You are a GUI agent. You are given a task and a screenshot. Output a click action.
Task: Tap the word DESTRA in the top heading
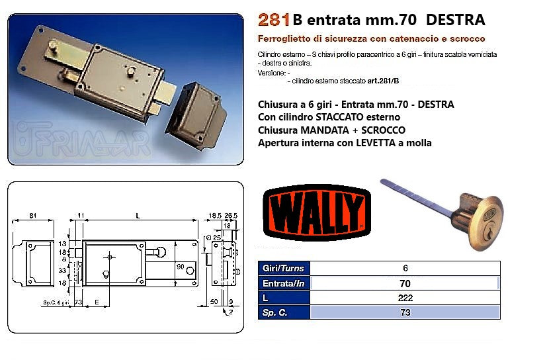pyautogui.click(x=456, y=19)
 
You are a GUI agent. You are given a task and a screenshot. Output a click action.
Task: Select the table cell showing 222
pyautogui.click(x=405, y=298)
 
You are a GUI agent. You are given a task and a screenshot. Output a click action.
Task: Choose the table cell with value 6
pyautogui.click(x=405, y=269)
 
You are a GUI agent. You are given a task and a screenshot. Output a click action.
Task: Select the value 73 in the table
pyautogui.click(x=405, y=312)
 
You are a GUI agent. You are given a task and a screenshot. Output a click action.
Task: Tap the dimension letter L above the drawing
pyautogui.click(x=136, y=214)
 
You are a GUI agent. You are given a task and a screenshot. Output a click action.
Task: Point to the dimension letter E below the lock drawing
pyautogui.click(x=97, y=301)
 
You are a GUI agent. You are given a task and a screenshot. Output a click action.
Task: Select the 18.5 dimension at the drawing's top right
pyautogui.click(x=214, y=214)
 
